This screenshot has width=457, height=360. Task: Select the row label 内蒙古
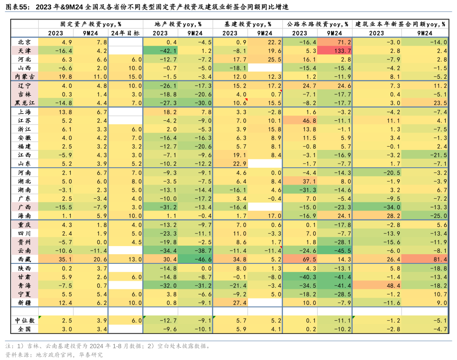(x=24, y=76)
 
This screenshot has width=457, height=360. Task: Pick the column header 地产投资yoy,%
(x=178, y=25)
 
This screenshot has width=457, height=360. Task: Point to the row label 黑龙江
(x=24, y=103)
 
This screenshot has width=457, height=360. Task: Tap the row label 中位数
(x=24, y=321)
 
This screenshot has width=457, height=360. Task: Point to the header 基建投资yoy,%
(x=248, y=25)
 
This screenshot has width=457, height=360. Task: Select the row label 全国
(x=24, y=329)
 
